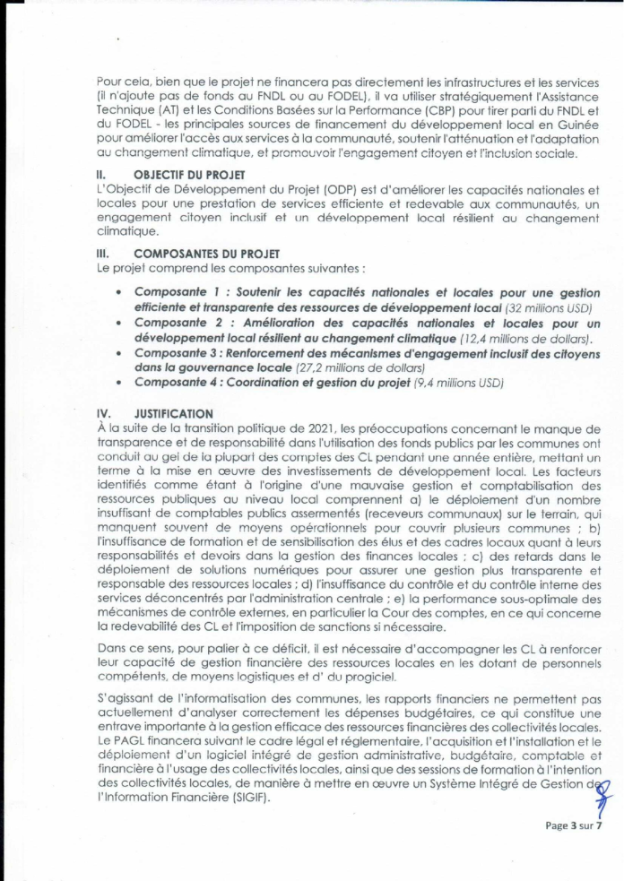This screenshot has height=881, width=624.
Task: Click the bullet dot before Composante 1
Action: (x=120, y=293)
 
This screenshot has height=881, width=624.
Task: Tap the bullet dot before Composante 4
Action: (x=120, y=383)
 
